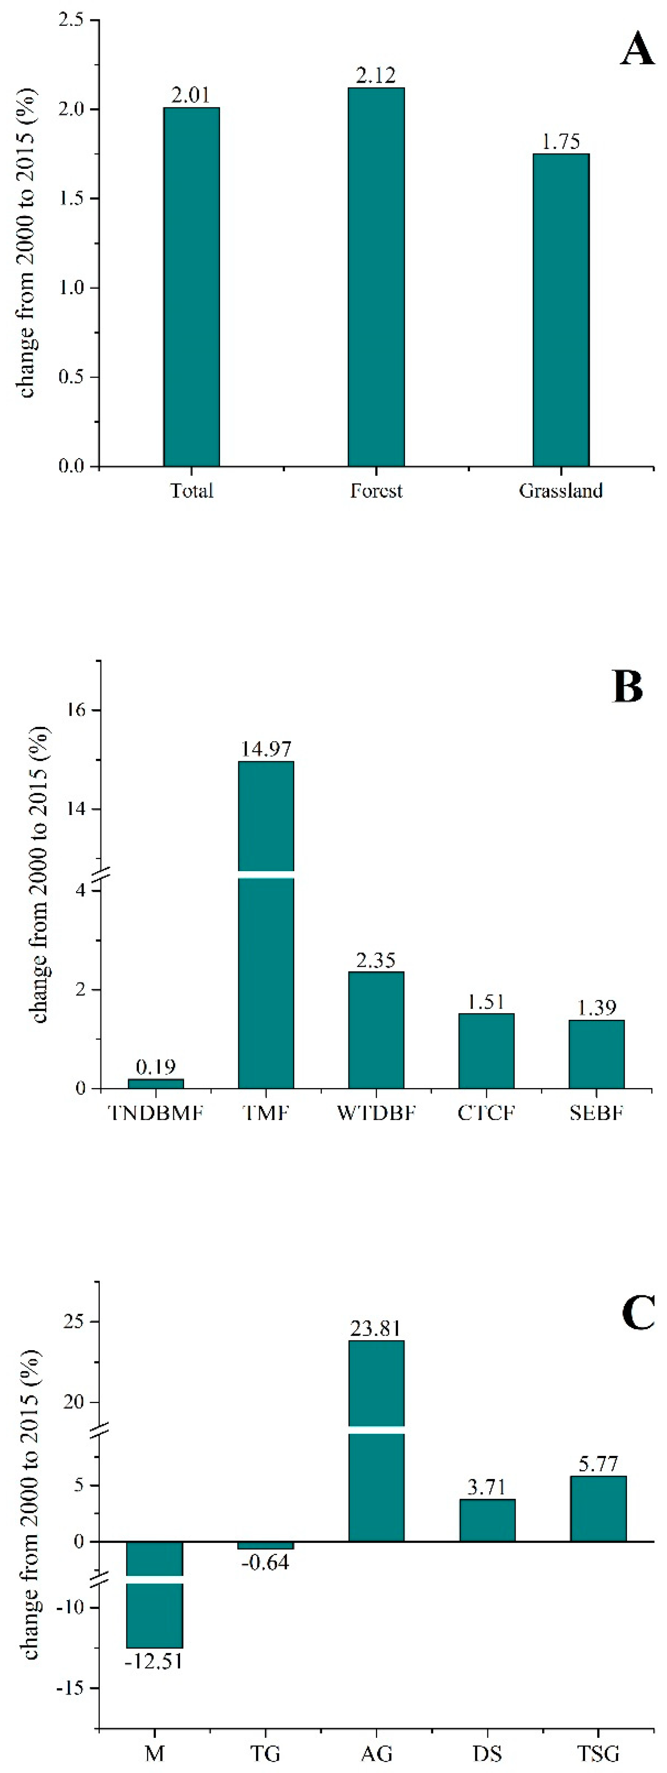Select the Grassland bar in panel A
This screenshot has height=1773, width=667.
561,310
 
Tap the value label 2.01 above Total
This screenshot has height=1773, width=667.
191,95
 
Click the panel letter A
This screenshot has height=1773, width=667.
637,50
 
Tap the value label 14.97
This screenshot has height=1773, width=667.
266,748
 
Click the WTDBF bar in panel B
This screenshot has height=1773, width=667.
376,1029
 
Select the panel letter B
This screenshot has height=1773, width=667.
627,687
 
